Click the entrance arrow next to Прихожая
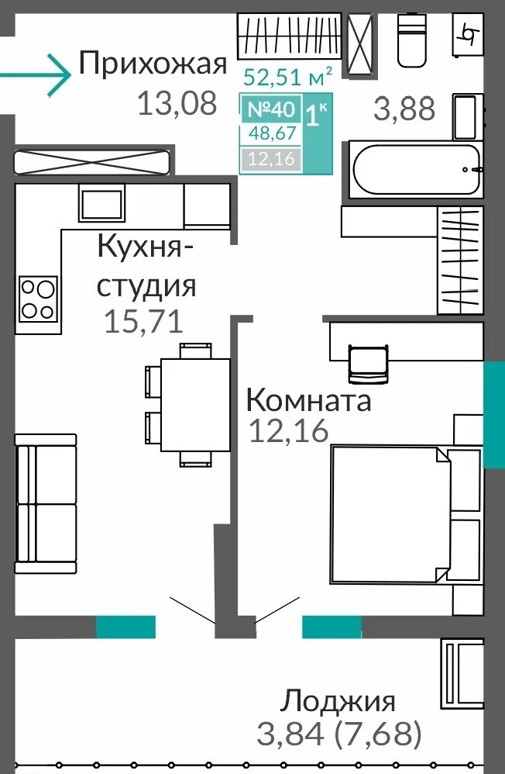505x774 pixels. click(36, 75)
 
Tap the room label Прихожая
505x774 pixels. click(153, 64)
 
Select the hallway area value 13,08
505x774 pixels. click(177, 104)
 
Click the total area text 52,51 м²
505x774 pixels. click(288, 77)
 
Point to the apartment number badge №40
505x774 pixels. click(271, 109)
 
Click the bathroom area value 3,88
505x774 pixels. click(404, 109)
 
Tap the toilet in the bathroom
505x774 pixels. click(412, 40)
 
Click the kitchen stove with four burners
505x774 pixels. click(38, 298)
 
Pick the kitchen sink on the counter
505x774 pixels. click(101, 203)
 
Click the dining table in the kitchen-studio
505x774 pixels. click(195, 404)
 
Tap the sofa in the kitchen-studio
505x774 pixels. click(46, 503)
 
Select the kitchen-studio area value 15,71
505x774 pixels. click(143, 321)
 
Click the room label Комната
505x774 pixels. click(309, 400)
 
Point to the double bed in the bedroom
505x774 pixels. click(405, 514)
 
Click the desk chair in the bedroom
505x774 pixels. click(368, 363)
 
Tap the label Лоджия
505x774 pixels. click(338, 701)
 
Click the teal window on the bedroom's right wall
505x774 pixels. click(493, 414)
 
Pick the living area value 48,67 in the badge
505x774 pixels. click(272, 133)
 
